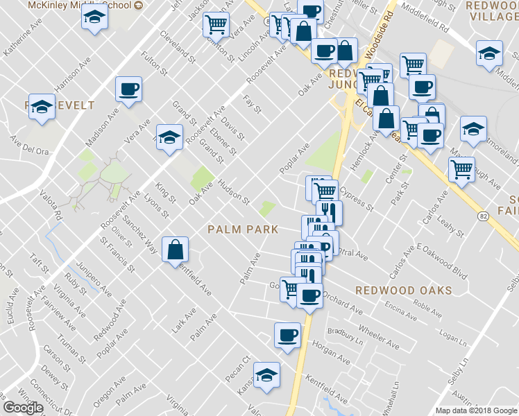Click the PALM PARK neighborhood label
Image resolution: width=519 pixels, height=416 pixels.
click(243, 229)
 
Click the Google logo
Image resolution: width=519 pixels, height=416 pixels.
click(22, 408)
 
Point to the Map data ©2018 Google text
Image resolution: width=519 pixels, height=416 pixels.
click(475, 410)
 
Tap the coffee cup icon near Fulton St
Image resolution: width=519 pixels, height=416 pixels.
click(130, 89)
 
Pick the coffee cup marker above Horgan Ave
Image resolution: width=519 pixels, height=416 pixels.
click(287, 336)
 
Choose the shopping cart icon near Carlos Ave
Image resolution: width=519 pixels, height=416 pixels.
click(461, 168)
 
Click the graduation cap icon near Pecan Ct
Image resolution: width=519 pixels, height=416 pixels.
click(266, 375)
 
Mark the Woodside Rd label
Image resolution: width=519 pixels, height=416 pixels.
click(380, 42)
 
